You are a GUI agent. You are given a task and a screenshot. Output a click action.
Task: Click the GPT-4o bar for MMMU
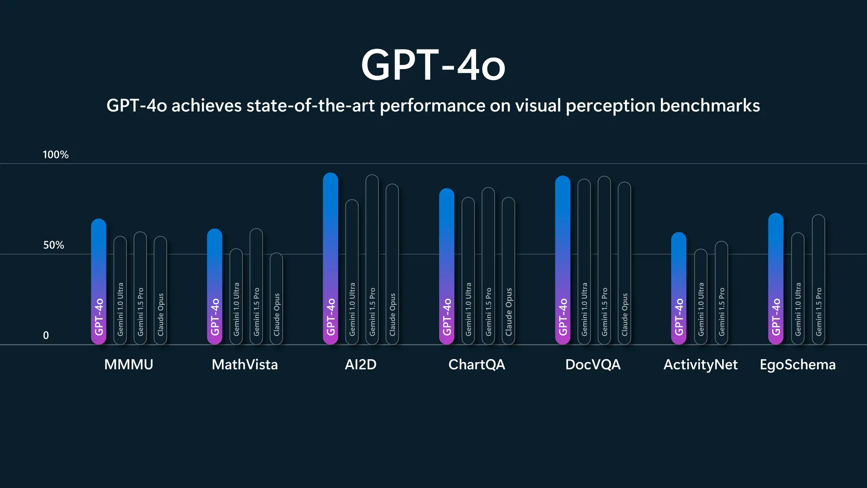click(99, 282)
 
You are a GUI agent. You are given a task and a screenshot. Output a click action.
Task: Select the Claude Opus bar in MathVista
click(276, 299)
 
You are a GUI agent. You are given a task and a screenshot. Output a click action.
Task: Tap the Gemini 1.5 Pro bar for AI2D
click(372, 259)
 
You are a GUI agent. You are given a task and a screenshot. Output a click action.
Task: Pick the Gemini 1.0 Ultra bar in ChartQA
click(468, 271)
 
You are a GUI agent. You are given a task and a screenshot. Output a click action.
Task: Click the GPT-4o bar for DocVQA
click(563, 260)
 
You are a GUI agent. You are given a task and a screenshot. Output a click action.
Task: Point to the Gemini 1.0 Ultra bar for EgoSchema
click(798, 288)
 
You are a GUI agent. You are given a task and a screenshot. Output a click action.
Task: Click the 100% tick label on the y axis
click(55, 155)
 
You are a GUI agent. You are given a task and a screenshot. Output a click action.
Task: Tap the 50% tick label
click(53, 245)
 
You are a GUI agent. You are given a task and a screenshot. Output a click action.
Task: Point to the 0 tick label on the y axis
click(46, 335)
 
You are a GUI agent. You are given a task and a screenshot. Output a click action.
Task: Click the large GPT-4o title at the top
click(433, 65)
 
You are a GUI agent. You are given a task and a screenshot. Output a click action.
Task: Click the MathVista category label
click(245, 365)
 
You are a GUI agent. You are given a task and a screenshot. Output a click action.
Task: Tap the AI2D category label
click(360, 365)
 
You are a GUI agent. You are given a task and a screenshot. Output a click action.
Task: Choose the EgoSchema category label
click(798, 365)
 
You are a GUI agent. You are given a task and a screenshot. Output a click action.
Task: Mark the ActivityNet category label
click(700, 365)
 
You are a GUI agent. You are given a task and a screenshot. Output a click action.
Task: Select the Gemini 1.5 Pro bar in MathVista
click(256, 286)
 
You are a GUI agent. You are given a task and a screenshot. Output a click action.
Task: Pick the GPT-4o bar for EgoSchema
click(776, 279)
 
